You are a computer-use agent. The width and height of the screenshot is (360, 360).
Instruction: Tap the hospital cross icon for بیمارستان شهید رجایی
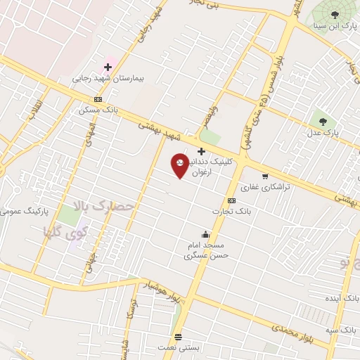(x=108, y=67)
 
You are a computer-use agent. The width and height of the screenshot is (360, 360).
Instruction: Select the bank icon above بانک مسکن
(x=98, y=99)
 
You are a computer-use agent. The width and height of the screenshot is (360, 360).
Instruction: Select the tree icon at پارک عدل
(x=323, y=121)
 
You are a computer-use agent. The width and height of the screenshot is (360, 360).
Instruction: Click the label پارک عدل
(x=323, y=132)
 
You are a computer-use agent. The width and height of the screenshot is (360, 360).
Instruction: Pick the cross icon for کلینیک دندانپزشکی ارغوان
(x=201, y=150)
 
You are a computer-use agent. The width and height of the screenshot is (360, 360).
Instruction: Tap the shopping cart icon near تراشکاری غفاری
(x=265, y=176)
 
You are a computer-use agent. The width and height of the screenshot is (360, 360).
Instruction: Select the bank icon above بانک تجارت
(x=231, y=200)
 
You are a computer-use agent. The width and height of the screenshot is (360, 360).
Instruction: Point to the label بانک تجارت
(x=231, y=211)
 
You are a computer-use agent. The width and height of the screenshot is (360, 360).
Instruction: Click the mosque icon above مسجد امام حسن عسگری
(x=205, y=234)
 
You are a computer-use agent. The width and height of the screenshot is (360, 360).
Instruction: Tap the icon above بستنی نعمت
(x=179, y=336)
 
